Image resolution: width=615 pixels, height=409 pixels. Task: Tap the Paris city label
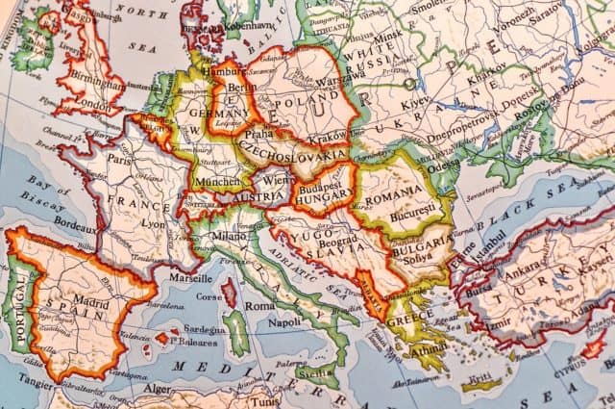tap(119, 161)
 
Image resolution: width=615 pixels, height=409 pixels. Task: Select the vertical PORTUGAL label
tap(16, 302)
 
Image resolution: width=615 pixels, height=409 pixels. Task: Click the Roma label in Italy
tap(258, 305)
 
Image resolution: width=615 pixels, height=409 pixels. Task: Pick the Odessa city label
tap(445, 164)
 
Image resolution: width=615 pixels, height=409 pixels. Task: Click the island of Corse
tap(229, 292)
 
